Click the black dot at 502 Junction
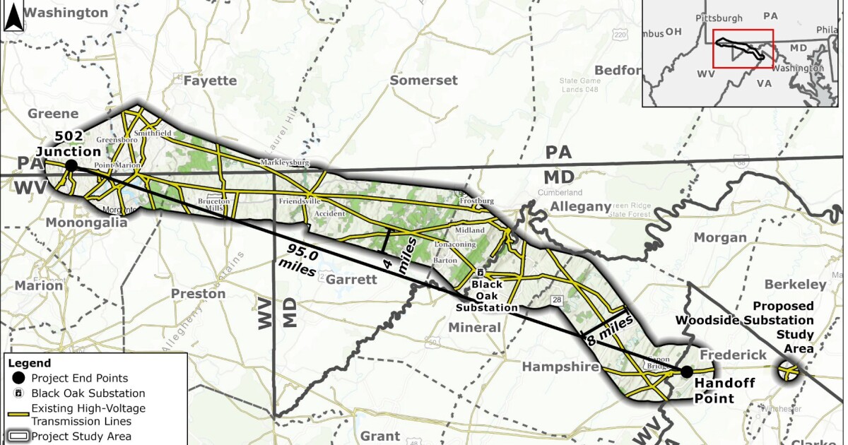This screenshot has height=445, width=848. coord(71,165)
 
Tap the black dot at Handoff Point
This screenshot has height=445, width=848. coord(685,372)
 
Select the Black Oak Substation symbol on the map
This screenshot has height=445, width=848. coord(480,273)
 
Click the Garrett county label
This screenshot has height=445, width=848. coord(352,279)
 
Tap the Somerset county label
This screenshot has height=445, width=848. coord(424,81)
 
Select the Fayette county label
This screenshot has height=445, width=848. coord(210,81)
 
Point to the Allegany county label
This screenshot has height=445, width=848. coord(580,206)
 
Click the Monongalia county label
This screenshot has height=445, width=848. coord(86,222)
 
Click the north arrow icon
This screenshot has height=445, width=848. coord(13,17)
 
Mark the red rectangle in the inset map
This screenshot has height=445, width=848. coord(743,49)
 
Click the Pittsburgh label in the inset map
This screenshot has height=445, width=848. coord(719,17)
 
